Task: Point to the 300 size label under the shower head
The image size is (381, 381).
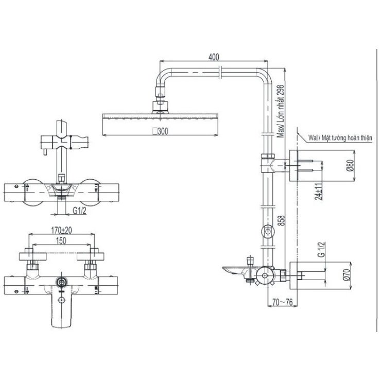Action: [x=161, y=131]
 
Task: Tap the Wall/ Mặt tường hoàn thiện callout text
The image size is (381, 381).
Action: [x=340, y=138]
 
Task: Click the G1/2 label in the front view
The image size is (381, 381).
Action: [x=78, y=211]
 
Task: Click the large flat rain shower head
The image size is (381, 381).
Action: [x=161, y=119]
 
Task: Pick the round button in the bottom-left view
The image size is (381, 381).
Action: [x=63, y=282]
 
